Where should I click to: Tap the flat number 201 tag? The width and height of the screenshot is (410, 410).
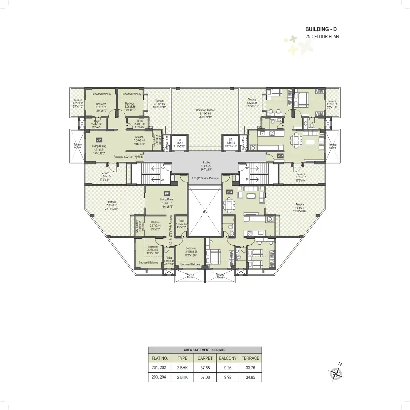tap(99, 140)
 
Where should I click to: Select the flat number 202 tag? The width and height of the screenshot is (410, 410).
tap(280, 155)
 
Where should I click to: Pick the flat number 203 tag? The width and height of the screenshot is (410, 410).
tap(229, 192)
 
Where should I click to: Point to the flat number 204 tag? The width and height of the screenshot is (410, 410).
tap(167, 193)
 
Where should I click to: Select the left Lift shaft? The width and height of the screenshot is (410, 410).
tap(179, 143)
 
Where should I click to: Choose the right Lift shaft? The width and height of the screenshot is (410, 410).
tap(231, 143)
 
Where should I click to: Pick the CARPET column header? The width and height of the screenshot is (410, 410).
tap(205, 358)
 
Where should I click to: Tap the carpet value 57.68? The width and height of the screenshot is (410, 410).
tap(205, 368)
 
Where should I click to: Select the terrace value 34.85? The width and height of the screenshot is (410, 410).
tap(250, 377)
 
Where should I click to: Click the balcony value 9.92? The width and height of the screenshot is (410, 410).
tap(227, 377)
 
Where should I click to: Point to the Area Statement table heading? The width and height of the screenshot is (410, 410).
tap(205, 350)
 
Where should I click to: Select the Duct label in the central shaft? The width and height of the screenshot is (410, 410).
tap(205, 212)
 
